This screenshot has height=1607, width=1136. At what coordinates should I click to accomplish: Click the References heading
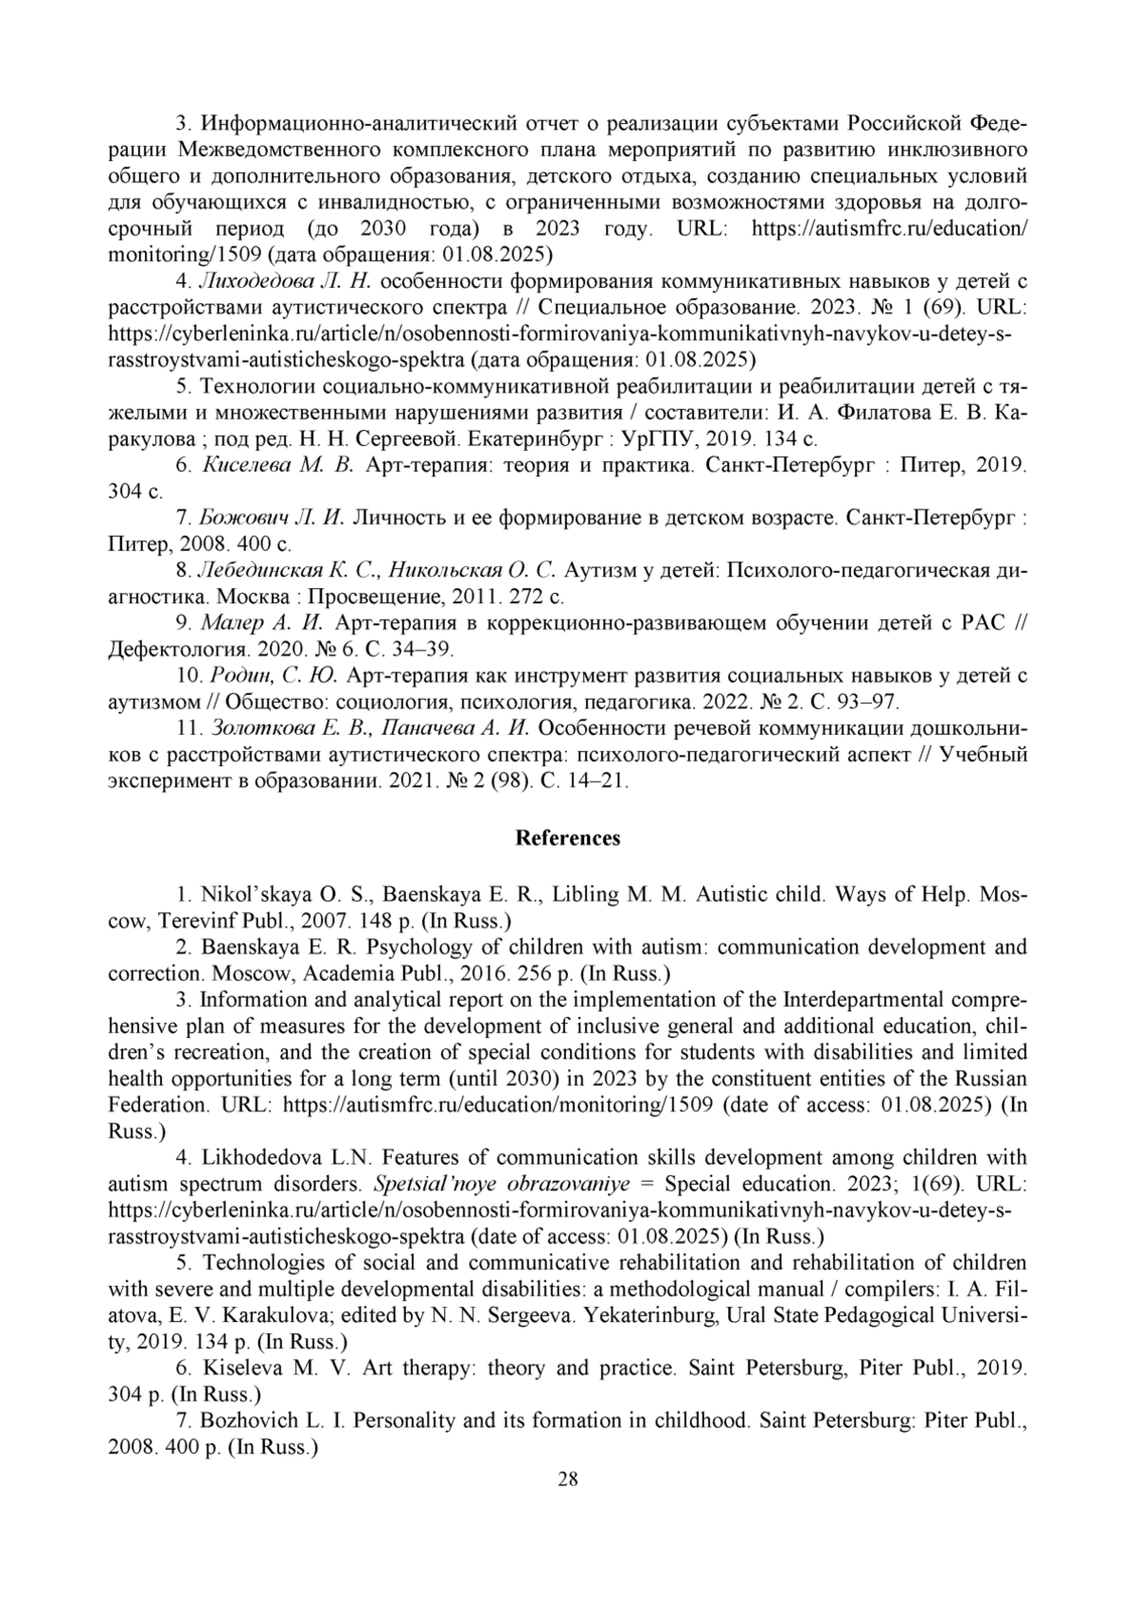pos(567,838)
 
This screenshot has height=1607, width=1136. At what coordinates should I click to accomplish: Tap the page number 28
pos(567,1479)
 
